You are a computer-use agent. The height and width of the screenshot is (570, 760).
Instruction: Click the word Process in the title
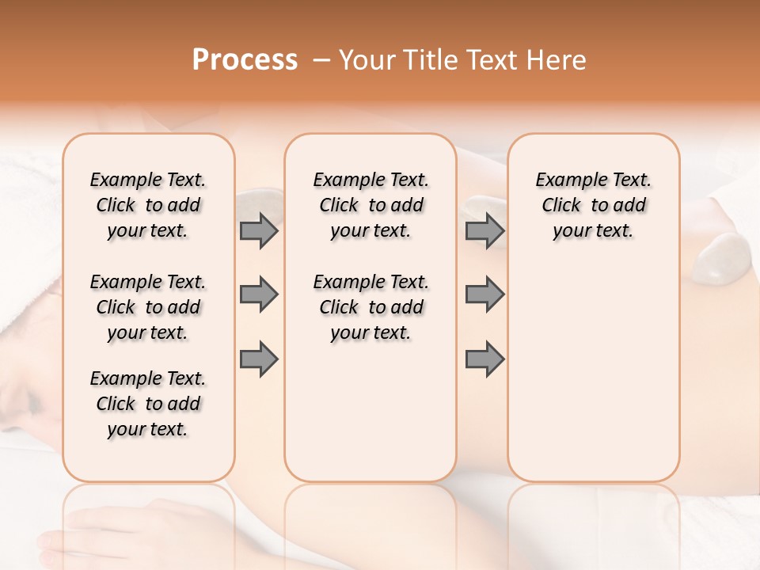[245, 60]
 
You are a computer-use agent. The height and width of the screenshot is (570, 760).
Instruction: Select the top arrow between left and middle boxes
[259, 230]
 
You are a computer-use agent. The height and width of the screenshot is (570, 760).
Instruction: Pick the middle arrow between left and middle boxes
[259, 294]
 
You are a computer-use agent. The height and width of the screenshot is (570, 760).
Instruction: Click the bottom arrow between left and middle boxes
[259, 359]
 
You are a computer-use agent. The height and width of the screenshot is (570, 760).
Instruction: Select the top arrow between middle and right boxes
[484, 230]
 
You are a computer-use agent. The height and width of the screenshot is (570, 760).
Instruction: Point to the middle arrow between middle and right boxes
[484, 294]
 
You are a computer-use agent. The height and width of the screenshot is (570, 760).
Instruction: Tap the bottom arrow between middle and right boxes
[484, 359]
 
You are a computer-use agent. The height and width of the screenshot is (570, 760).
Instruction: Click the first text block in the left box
[148, 205]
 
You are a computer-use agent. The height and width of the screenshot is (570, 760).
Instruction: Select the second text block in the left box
[148, 307]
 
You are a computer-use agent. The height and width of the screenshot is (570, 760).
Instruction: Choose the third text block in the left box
[148, 404]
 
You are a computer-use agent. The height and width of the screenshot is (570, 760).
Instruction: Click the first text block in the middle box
[370, 205]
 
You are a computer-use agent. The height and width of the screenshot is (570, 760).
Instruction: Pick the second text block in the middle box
[370, 307]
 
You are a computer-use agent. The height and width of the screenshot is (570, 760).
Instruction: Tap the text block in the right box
[593, 205]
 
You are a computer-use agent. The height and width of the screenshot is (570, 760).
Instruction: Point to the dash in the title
[322, 61]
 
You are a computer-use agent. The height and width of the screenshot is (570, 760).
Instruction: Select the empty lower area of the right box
[593, 380]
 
